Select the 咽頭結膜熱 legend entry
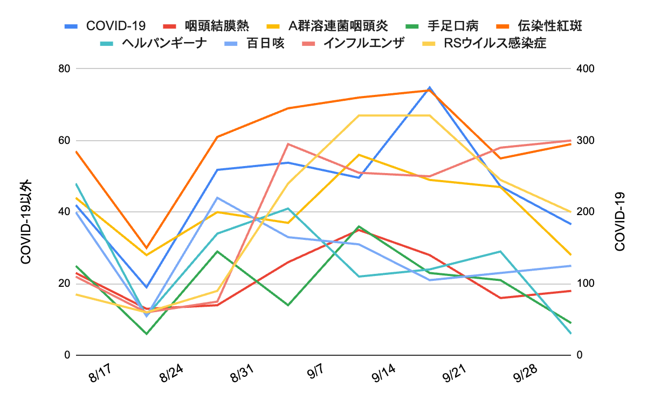pyautogui.click(x=216, y=26)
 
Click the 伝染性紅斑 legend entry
pyautogui.click(x=549, y=26)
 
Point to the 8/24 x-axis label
pyautogui.click(x=172, y=374)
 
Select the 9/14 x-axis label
pyautogui.click(x=384, y=374)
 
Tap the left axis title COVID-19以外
pyautogui.click(x=26, y=221)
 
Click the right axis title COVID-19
pyautogui.click(x=620, y=221)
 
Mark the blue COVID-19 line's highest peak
pyautogui.click(x=429, y=87)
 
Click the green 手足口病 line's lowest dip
pyautogui.click(x=146, y=334)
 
